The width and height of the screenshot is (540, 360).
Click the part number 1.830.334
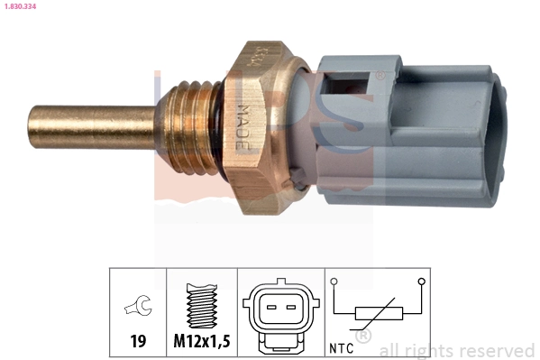tap(21, 7)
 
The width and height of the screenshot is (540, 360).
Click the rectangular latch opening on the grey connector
tap(348, 90)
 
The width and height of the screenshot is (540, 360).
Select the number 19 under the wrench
tap(138, 343)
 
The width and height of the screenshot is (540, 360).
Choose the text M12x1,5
tap(202, 343)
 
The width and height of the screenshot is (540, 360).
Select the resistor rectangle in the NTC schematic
tap(378, 313)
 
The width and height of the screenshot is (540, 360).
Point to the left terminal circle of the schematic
tap(334, 282)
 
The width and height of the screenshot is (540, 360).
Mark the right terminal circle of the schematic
tap(421, 282)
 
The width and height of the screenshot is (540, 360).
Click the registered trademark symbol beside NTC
tap(363, 337)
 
